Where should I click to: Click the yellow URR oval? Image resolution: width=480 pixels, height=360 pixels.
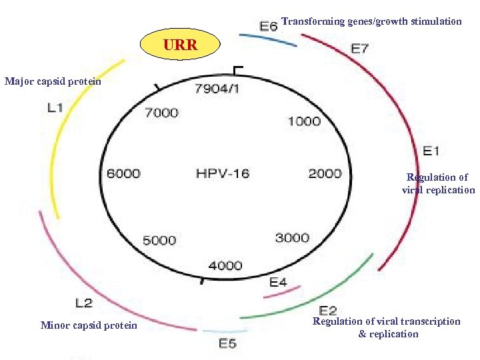point(180,46)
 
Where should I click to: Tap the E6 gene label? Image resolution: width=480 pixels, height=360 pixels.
point(268,26)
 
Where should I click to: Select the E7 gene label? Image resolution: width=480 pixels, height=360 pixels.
point(360,48)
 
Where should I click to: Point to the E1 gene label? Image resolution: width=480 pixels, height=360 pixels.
point(431,151)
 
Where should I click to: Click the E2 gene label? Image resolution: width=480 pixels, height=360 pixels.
point(328,310)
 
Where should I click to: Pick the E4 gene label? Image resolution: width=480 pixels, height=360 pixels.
point(278,282)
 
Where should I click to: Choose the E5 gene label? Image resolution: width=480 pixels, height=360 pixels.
point(227,343)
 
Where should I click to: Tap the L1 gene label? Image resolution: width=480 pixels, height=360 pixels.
point(56,107)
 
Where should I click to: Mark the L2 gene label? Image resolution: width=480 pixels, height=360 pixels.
point(84,303)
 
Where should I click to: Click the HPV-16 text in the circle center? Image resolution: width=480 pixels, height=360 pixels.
point(223,173)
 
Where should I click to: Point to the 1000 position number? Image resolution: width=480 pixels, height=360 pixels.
point(304,121)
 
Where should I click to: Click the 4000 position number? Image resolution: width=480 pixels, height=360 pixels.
point(225,265)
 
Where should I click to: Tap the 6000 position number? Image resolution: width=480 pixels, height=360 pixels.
point(123,173)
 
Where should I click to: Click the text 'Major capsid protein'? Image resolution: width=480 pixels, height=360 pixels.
point(53,81)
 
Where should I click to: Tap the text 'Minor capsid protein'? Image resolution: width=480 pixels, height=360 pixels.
point(89,325)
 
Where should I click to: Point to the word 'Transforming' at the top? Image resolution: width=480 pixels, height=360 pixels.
point(313,21)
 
